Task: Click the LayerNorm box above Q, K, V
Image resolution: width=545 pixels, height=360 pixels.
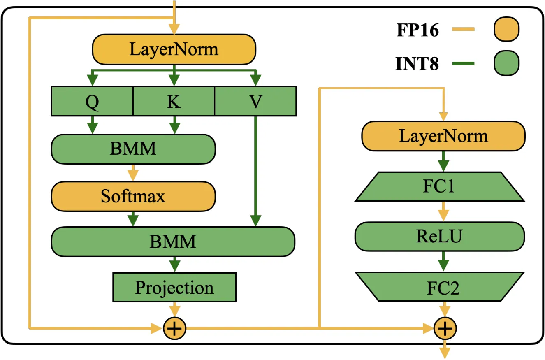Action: point(174,49)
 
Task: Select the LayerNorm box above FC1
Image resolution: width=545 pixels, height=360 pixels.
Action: point(443,136)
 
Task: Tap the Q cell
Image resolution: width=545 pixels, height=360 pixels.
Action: point(92,101)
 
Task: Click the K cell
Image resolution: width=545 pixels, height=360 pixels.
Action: point(174,101)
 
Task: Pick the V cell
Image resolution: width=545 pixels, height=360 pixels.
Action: point(255,101)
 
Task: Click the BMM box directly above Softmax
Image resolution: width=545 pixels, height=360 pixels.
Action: point(133,149)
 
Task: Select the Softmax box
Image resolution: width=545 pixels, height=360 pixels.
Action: point(133,196)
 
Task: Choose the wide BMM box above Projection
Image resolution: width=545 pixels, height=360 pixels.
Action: point(173,242)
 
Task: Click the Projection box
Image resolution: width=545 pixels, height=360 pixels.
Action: point(174,288)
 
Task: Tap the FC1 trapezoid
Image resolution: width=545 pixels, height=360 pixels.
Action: point(440,187)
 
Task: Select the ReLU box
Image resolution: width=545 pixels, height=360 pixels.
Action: point(440,236)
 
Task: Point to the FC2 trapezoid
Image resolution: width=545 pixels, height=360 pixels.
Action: point(440,287)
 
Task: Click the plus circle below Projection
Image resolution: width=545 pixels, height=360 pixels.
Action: point(174,328)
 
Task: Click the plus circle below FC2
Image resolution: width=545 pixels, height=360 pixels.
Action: point(445,328)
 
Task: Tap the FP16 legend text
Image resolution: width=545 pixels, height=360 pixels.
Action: point(417,30)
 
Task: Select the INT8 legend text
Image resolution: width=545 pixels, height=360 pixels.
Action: point(417,63)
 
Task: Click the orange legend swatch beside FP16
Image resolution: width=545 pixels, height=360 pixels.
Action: point(507,29)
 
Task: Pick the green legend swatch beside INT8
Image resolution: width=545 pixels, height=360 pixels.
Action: point(507,63)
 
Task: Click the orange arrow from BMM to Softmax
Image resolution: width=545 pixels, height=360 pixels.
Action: point(133,172)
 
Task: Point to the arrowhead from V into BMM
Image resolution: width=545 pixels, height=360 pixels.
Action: point(255,221)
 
